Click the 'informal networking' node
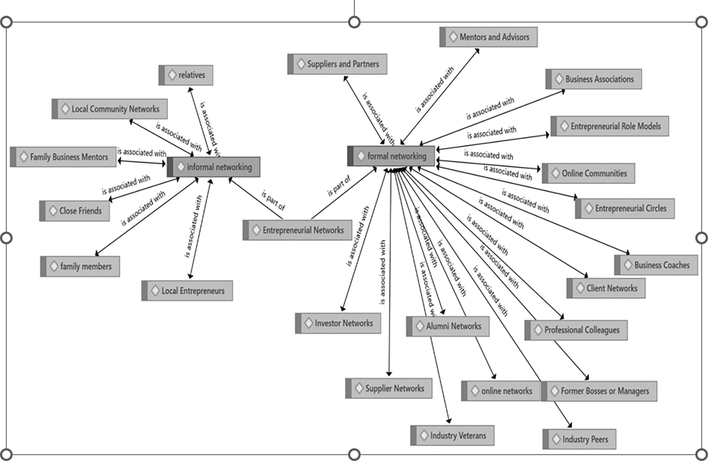pos(214,167)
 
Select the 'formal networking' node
pos(391,156)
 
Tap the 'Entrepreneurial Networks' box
pos(297,230)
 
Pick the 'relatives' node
pos(186,75)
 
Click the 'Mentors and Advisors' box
pos(489,37)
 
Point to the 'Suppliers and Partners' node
pos(337,64)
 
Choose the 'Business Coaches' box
pos(656,265)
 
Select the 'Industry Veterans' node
pos(452,436)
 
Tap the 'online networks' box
pos(501,391)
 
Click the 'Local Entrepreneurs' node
pos(187,291)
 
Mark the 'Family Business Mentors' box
pos(63,157)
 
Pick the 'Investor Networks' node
pos(338,323)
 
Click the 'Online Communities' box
pos(589,173)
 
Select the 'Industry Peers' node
pos(579,439)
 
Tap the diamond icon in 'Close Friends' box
pos(53,211)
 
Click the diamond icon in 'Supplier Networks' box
pos(359,388)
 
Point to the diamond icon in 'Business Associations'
pos(559,79)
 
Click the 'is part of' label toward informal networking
pos(273,200)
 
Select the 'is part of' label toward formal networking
pos(339,186)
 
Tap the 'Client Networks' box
pos(606,288)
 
